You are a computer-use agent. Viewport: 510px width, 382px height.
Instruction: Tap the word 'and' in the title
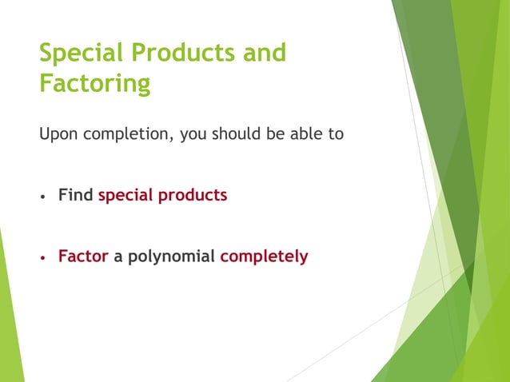click(265, 54)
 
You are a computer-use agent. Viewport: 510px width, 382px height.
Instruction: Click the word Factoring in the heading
click(94, 84)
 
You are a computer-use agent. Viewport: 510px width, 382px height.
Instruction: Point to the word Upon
click(58, 134)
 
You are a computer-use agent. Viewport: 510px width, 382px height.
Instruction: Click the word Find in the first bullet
click(76, 195)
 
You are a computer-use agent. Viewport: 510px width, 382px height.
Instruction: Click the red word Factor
click(82, 257)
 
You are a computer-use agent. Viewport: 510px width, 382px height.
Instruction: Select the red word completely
click(264, 257)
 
